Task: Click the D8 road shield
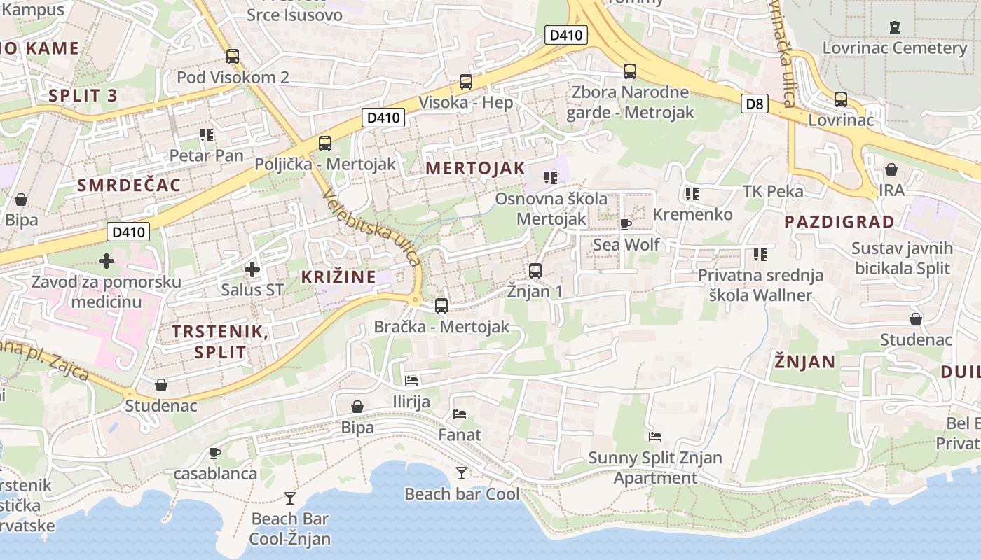tap(754, 104)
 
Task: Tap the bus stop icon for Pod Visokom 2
tap(232, 57)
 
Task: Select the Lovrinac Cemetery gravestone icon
tap(894, 27)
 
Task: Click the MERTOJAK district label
tap(475, 168)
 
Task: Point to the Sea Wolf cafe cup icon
tap(625, 224)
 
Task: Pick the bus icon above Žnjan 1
tap(535, 270)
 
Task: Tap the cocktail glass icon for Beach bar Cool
tap(461, 473)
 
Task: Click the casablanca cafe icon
tap(215, 453)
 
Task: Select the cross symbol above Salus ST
tap(252, 269)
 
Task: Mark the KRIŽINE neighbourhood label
tap(338, 276)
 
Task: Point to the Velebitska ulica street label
tap(372, 226)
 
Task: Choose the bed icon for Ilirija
tap(411, 381)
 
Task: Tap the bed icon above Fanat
tap(460, 414)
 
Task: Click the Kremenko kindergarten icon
tap(692, 193)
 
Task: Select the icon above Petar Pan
tap(206, 134)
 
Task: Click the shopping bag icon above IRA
tap(891, 169)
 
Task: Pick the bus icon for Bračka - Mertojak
tap(441, 305)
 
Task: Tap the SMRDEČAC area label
tap(129, 185)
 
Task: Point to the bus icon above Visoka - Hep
tap(466, 81)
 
